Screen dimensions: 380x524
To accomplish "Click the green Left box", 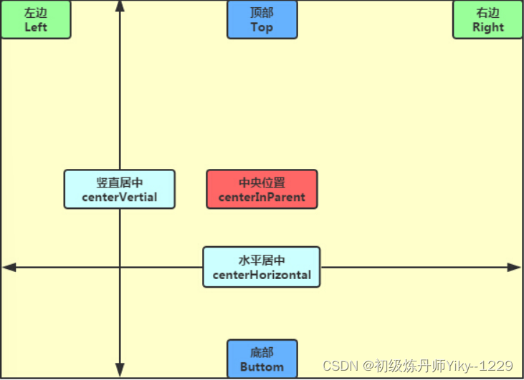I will [36, 19].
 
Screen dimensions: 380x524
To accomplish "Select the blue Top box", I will [262, 19].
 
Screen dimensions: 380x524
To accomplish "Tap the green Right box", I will [488, 19].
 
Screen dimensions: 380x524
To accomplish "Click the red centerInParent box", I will [262, 190].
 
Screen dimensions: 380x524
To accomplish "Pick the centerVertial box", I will [119, 190].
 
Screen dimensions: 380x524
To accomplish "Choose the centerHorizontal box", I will [262, 267].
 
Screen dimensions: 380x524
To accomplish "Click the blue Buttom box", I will [262, 359].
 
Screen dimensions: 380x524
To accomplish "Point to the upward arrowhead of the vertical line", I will [120, 6].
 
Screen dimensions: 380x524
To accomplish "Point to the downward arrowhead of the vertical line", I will [120, 371].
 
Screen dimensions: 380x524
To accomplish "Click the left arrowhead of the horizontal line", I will [9, 267].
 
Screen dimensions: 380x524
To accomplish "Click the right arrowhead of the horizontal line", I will [514, 267].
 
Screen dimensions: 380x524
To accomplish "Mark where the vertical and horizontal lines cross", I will [120, 267].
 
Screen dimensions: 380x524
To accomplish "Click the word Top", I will [262, 27].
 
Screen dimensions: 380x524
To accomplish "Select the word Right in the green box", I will [488, 27].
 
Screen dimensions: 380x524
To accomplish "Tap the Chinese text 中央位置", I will [262, 182].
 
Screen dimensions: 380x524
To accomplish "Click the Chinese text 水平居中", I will [262, 260].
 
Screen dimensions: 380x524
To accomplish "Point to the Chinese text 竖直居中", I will [119, 182].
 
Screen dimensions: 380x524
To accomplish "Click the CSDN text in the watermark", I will [340, 366].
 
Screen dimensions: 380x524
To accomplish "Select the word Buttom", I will [262, 366].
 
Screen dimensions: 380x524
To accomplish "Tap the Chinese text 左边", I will [36, 13].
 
